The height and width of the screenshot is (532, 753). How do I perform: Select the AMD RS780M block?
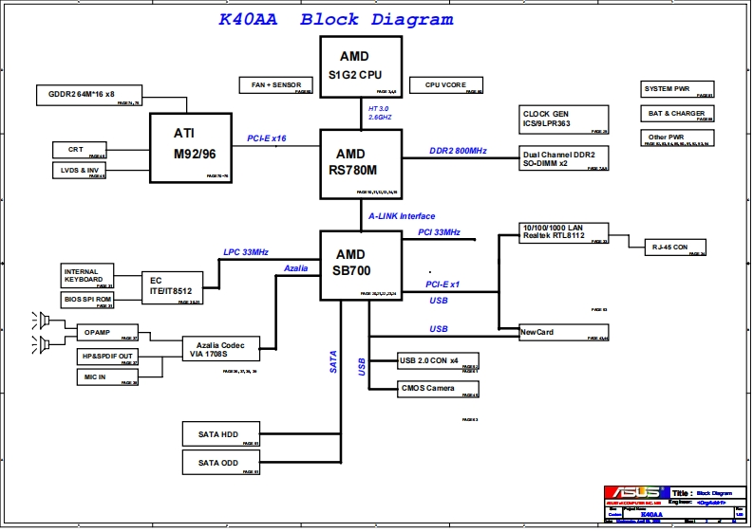click(x=349, y=163)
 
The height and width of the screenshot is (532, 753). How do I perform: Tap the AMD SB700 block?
click(x=349, y=264)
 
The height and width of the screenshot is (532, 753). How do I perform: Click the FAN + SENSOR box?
click(x=276, y=85)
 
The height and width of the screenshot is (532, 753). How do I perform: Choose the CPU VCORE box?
click(x=445, y=85)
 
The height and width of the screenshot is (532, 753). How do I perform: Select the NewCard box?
click(x=564, y=333)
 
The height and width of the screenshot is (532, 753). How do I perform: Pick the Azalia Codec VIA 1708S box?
click(x=221, y=348)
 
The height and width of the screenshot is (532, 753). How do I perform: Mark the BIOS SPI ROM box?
click(x=87, y=300)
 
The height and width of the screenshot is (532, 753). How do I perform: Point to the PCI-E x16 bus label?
click(x=266, y=138)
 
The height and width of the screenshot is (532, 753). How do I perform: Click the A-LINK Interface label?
click(x=402, y=216)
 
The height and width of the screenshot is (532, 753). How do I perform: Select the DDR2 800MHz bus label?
click(x=458, y=151)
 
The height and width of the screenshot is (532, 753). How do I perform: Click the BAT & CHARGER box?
click(x=677, y=114)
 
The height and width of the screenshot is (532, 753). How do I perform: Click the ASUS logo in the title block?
click(x=635, y=493)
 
